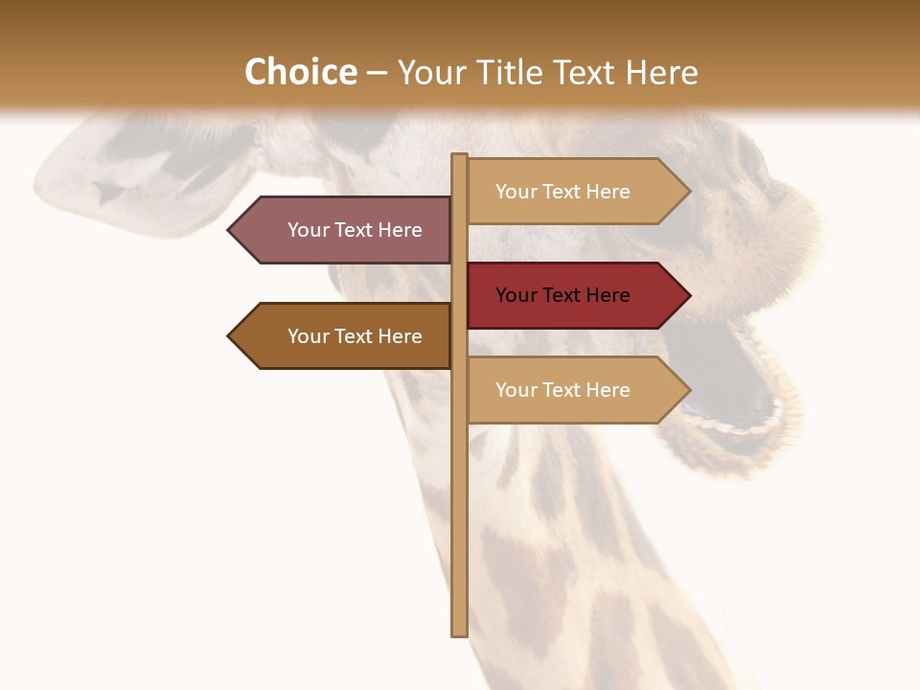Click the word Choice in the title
click(300, 72)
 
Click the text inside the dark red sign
click(563, 295)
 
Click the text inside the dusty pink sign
click(355, 230)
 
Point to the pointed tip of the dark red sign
click(688, 295)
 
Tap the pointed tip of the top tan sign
click(688, 192)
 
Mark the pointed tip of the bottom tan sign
click(688, 390)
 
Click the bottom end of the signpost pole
click(459, 632)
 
